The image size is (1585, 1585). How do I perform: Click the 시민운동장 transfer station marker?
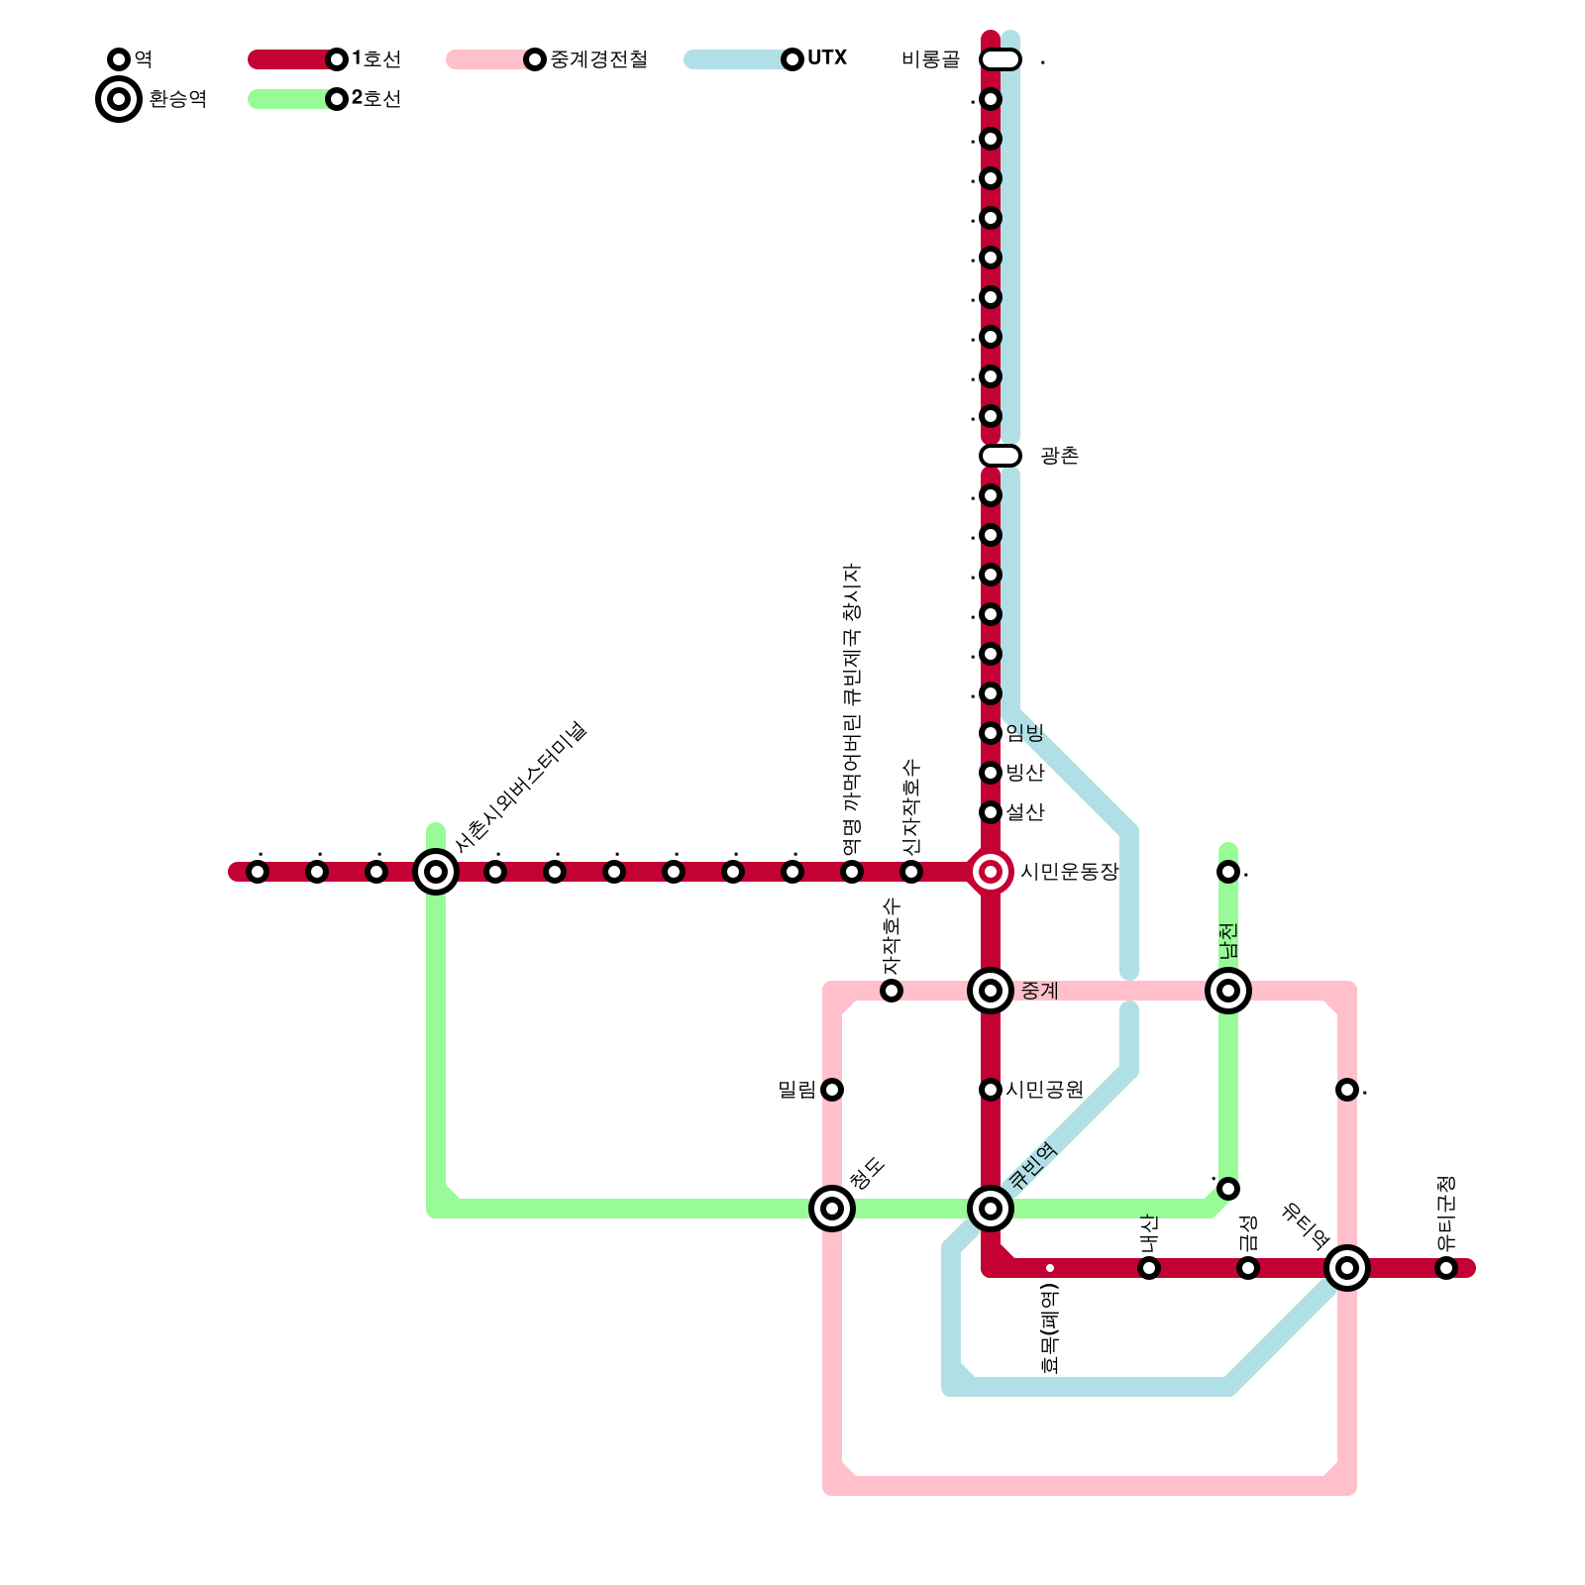point(991,872)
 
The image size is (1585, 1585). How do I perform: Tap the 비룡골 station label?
point(930,59)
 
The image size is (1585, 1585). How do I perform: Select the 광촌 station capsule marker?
point(1001,456)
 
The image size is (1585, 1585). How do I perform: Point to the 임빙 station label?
point(1025,733)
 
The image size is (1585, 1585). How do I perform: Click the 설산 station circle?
point(991,812)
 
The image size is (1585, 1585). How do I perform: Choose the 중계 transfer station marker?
point(991,991)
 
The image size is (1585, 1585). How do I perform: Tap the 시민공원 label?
point(1044,1090)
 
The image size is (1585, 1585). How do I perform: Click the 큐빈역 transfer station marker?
point(991,1209)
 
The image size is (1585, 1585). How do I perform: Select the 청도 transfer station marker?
point(832,1209)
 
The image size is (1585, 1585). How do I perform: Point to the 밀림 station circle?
point(832,1090)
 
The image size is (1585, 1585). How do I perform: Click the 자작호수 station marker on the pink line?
point(892,991)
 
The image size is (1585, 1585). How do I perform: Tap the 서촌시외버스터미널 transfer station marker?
point(436,872)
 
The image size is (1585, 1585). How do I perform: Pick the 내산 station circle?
point(1149,1268)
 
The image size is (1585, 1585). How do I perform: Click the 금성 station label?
point(1248,1233)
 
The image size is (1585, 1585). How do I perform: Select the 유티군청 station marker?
point(1446,1268)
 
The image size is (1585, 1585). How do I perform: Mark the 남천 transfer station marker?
point(1228,991)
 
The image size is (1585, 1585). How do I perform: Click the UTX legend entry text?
point(827,58)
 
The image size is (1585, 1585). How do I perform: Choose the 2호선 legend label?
point(376,99)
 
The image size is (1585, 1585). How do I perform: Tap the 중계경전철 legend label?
point(598,59)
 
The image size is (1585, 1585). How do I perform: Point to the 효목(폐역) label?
point(1050,1328)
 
